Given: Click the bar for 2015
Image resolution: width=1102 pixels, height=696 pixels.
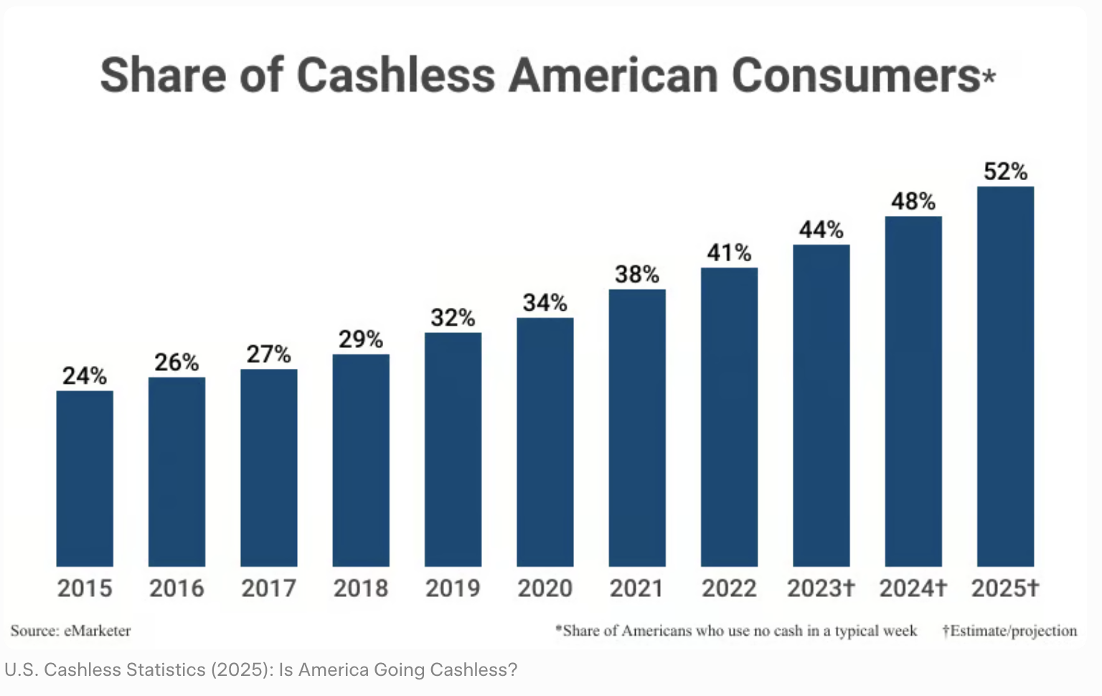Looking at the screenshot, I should [x=85, y=479].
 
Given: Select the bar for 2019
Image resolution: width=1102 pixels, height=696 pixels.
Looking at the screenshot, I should [x=453, y=449].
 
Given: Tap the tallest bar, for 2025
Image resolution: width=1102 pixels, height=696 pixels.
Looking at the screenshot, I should [x=1005, y=376].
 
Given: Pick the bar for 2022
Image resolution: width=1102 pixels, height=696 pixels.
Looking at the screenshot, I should [x=729, y=417].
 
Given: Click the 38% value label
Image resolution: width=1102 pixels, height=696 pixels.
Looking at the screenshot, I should [x=637, y=274].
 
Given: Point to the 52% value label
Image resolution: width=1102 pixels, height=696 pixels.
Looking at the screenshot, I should [x=1005, y=171].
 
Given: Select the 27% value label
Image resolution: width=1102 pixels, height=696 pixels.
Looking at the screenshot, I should [x=268, y=354].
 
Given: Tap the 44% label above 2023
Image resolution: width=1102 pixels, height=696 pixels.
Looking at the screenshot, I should [x=821, y=230].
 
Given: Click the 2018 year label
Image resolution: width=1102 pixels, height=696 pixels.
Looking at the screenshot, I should [x=360, y=588].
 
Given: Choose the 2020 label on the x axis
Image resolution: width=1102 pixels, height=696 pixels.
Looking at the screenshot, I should [x=545, y=588].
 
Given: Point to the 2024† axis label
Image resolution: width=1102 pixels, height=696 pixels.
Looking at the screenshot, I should [x=913, y=588].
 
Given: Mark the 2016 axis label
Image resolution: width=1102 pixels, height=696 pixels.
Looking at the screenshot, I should [x=176, y=588].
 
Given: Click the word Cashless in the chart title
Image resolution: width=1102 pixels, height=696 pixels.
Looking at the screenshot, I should [x=395, y=75].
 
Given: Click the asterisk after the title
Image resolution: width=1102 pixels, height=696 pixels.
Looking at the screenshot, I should [x=989, y=75].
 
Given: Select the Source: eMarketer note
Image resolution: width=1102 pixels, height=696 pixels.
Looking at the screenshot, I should [x=70, y=631].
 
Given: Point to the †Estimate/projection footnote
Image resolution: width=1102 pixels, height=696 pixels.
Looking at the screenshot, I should [x=1009, y=631].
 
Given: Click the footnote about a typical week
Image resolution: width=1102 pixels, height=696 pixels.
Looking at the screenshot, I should [x=736, y=631].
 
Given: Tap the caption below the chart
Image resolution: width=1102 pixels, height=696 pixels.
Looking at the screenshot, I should [x=260, y=670].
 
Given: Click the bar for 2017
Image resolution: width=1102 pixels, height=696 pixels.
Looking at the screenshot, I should [x=268, y=468].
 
